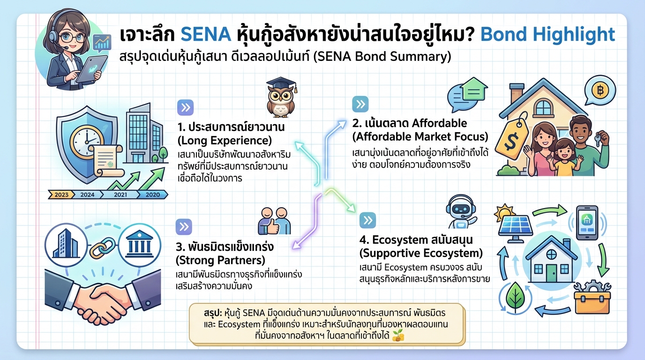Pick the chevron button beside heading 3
(x=184, y=226)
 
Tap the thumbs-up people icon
(x=275, y=220)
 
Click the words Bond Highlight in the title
(x=548, y=35)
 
